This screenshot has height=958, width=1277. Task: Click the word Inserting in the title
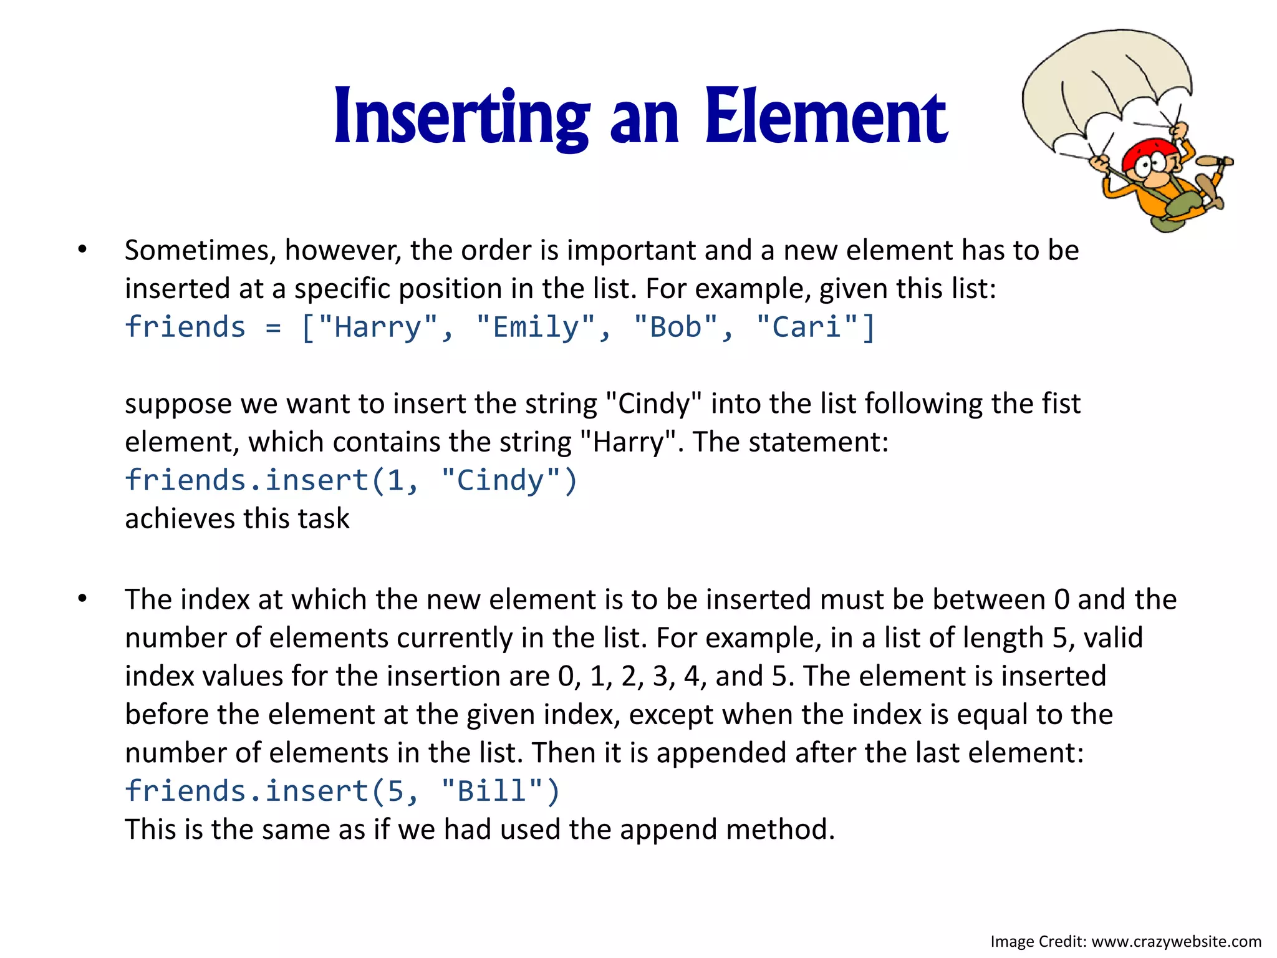tap(461, 117)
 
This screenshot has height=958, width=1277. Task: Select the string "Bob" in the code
tap(676, 327)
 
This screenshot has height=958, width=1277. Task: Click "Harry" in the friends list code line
tap(378, 327)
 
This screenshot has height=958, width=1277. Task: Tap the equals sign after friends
tap(273, 327)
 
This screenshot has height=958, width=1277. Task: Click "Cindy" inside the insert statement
tap(501, 480)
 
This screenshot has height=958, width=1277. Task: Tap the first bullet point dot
tap(82, 250)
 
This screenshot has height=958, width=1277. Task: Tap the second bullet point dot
tap(82, 599)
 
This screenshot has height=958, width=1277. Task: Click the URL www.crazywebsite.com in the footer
tap(1176, 941)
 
